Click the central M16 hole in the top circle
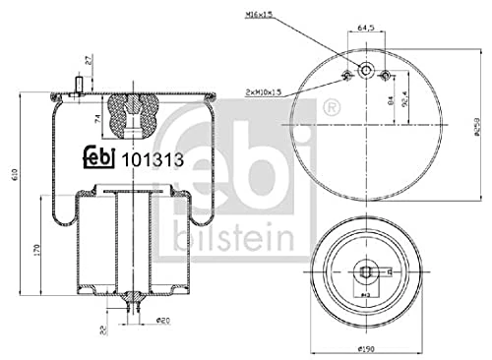click(x=366, y=70)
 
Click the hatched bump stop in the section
click(x=130, y=114)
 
